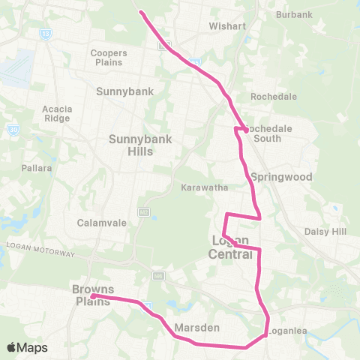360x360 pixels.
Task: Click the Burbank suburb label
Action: [294, 14]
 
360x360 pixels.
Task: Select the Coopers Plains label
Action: [109, 58]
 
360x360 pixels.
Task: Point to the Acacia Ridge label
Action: [57, 113]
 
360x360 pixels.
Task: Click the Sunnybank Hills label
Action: [131, 145]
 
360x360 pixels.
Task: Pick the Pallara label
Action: [37, 168]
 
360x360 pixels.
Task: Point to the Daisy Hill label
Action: [323, 231]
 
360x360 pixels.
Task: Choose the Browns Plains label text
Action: [92, 295]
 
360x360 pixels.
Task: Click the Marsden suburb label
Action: [196, 328]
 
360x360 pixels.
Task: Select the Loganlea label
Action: [288, 330]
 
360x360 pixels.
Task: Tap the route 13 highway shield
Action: [46, 34]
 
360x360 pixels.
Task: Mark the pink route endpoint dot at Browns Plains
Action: [92, 296]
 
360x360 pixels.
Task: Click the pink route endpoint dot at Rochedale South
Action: [245, 130]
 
